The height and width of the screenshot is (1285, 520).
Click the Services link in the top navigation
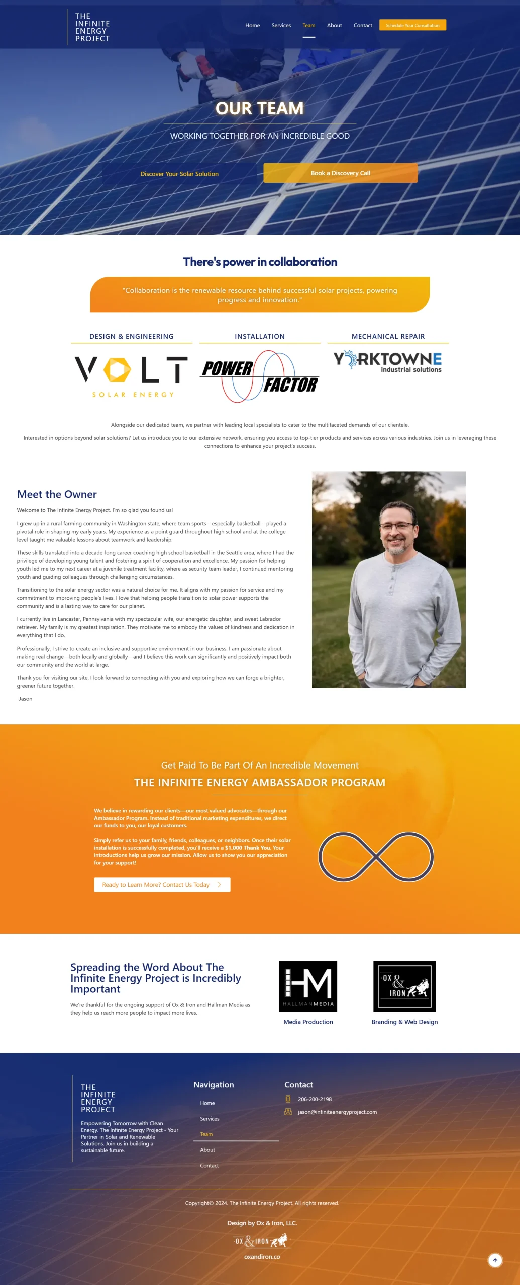pyautogui.click(x=281, y=25)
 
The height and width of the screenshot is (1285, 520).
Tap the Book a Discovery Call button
pyautogui.click(x=340, y=173)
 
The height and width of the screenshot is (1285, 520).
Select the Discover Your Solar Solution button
pyautogui.click(x=179, y=174)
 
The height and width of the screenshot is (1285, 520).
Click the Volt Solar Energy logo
pyautogui.click(x=131, y=376)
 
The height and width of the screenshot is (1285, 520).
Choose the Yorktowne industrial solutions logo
pyautogui.click(x=387, y=361)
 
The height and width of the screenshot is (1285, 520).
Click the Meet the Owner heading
pyautogui.click(x=57, y=494)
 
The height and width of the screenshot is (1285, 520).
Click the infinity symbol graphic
pyautogui.click(x=376, y=856)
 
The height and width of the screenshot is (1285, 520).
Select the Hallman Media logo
pyautogui.click(x=308, y=986)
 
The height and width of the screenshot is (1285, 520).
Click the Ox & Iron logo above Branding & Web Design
pyautogui.click(x=404, y=986)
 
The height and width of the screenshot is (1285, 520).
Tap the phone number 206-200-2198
pyautogui.click(x=315, y=1099)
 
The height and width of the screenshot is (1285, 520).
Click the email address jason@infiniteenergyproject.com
pyautogui.click(x=337, y=1112)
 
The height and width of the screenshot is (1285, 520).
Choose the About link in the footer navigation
pyautogui.click(x=207, y=1150)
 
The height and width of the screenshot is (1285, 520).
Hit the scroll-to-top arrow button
pyautogui.click(x=495, y=1260)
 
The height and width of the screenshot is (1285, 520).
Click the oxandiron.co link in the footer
pyautogui.click(x=262, y=1257)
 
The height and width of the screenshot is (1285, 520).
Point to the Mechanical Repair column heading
pyautogui.click(x=388, y=336)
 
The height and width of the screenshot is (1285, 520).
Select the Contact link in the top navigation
pyautogui.click(x=363, y=25)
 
